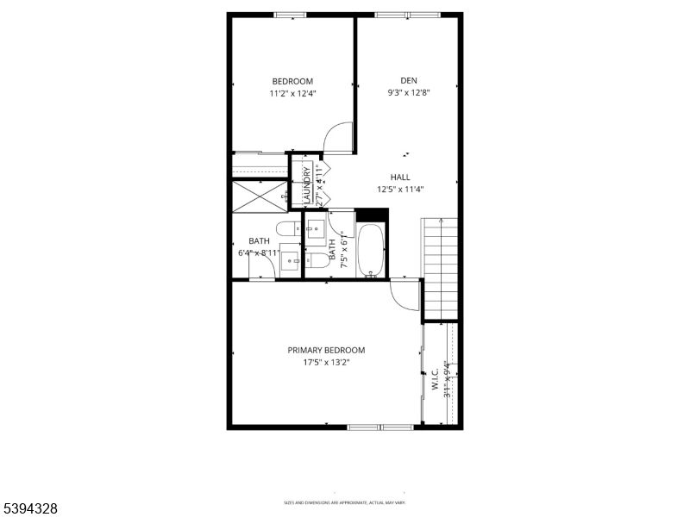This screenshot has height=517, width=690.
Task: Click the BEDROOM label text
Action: [x=292, y=82]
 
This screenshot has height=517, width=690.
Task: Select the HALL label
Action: [x=399, y=178]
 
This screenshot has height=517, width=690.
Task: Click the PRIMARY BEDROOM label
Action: [x=326, y=351]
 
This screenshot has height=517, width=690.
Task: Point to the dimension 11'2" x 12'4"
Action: [x=292, y=94]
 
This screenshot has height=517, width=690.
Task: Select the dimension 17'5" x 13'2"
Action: [x=326, y=363]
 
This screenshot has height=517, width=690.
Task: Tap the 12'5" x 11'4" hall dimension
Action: [x=399, y=190]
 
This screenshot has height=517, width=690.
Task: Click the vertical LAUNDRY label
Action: [x=307, y=184]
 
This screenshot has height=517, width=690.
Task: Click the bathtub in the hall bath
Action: [x=372, y=251]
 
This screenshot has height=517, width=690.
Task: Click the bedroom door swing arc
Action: [x=339, y=138]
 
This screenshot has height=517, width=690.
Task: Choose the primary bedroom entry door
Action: [x=405, y=296]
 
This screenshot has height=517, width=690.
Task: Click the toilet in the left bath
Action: [x=262, y=271]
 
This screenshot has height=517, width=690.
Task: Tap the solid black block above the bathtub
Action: [x=372, y=215]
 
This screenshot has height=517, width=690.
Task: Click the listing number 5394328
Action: [x=29, y=509]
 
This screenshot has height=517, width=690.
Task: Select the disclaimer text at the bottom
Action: [x=344, y=502]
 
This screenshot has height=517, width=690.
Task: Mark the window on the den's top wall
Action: [x=408, y=15]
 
